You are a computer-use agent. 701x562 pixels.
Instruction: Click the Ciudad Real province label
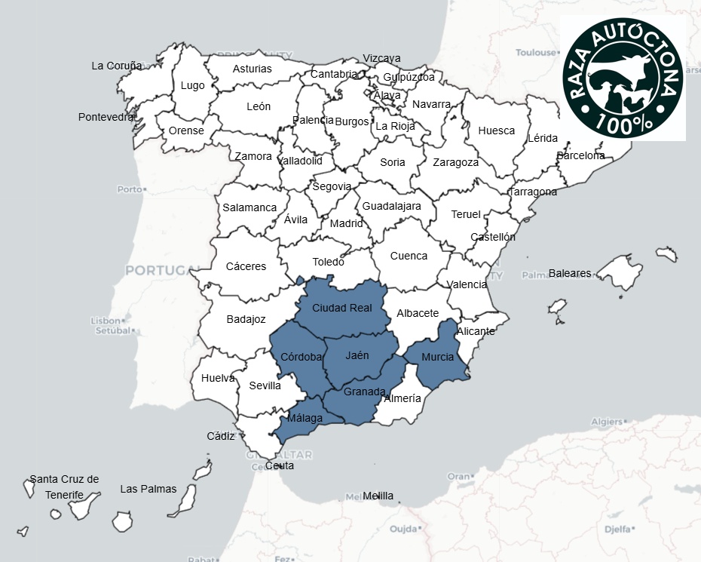pyautogui.click(x=341, y=308)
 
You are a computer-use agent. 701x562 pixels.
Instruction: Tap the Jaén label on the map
pyautogui.click(x=357, y=355)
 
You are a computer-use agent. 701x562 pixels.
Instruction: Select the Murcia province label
pyautogui.click(x=437, y=357)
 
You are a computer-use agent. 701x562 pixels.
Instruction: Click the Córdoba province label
pyautogui.click(x=301, y=356)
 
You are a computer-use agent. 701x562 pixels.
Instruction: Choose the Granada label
pyautogui.click(x=364, y=392)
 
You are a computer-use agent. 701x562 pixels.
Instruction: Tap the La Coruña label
pyautogui.click(x=116, y=66)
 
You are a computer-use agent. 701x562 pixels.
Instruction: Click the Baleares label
pyautogui.click(x=570, y=273)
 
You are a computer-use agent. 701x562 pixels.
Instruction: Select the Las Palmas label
pyautogui.click(x=148, y=489)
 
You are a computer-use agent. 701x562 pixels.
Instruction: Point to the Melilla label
pyautogui.click(x=378, y=496)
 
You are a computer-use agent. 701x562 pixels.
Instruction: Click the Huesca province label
pyautogui.click(x=496, y=131)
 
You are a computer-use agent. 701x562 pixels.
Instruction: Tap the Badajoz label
pyautogui.click(x=246, y=319)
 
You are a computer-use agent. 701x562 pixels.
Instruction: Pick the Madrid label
pyautogui.click(x=346, y=223)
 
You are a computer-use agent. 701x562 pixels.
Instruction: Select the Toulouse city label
pyautogui.click(x=536, y=53)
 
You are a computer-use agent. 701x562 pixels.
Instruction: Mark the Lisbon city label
pyautogui.click(x=106, y=321)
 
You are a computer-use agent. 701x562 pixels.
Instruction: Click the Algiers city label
pyautogui.click(x=607, y=422)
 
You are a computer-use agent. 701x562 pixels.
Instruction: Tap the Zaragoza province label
pyautogui.click(x=455, y=162)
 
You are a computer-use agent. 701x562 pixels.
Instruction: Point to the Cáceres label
pyautogui.click(x=246, y=266)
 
